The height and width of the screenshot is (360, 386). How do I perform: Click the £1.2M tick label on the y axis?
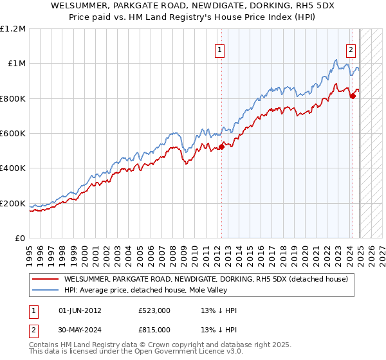tap(13, 29)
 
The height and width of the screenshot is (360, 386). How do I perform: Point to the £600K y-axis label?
tap(13, 134)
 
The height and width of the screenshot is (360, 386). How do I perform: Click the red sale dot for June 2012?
tap(221, 147)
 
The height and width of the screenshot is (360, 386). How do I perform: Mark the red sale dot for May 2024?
tap(353, 96)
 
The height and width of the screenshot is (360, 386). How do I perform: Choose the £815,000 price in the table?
tap(154, 329)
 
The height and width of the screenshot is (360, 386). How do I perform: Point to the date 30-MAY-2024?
tap(80, 329)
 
